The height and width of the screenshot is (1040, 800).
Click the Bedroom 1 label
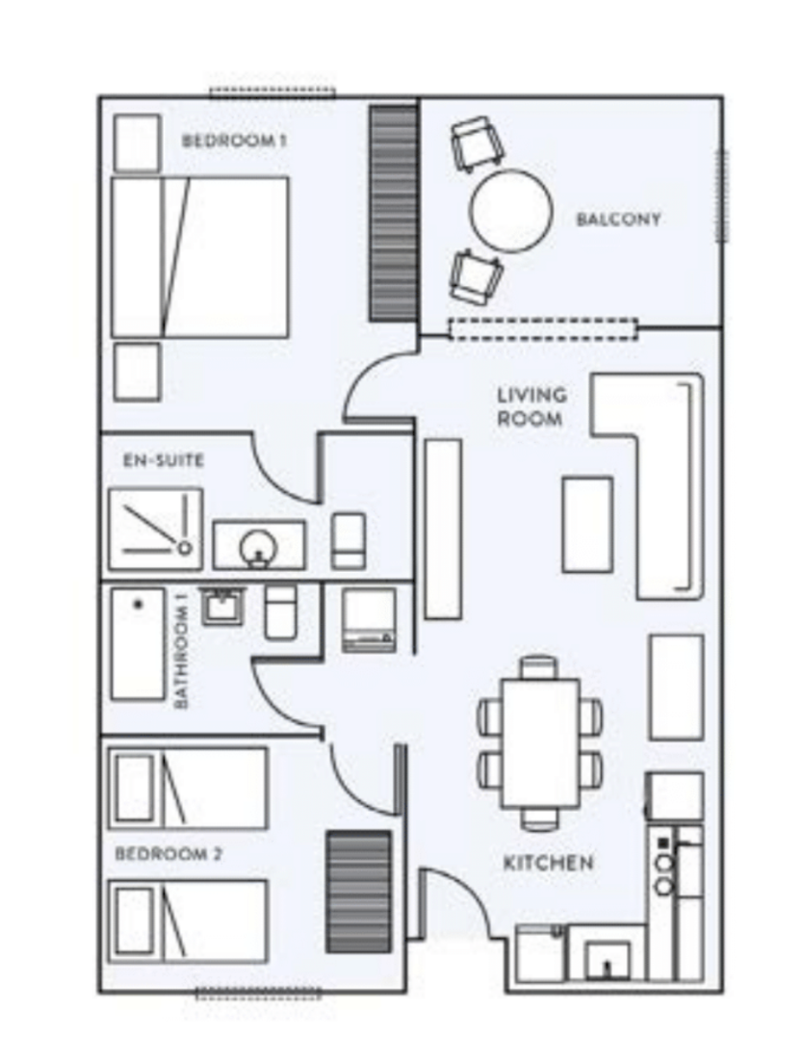(234, 141)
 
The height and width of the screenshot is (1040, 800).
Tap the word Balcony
(618, 220)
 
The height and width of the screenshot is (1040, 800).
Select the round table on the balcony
(511, 211)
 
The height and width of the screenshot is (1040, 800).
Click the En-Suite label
(164, 460)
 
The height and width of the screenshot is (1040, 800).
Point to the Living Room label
(532, 406)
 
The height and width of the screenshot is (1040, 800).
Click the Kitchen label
(548, 863)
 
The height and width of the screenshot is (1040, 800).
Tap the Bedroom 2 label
(168, 853)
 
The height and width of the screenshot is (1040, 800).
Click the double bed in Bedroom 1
(199, 257)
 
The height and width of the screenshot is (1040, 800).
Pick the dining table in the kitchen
(540, 742)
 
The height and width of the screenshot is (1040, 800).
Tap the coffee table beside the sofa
(587, 524)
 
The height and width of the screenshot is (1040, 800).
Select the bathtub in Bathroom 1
(138, 644)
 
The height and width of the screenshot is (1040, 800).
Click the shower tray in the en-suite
(155, 529)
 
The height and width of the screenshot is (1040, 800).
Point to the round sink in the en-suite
(257, 548)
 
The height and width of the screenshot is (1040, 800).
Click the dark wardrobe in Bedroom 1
(393, 214)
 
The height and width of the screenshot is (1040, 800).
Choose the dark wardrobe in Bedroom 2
(358, 892)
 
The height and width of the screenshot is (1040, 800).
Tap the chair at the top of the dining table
(538, 666)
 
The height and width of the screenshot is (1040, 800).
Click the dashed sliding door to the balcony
(543, 329)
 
